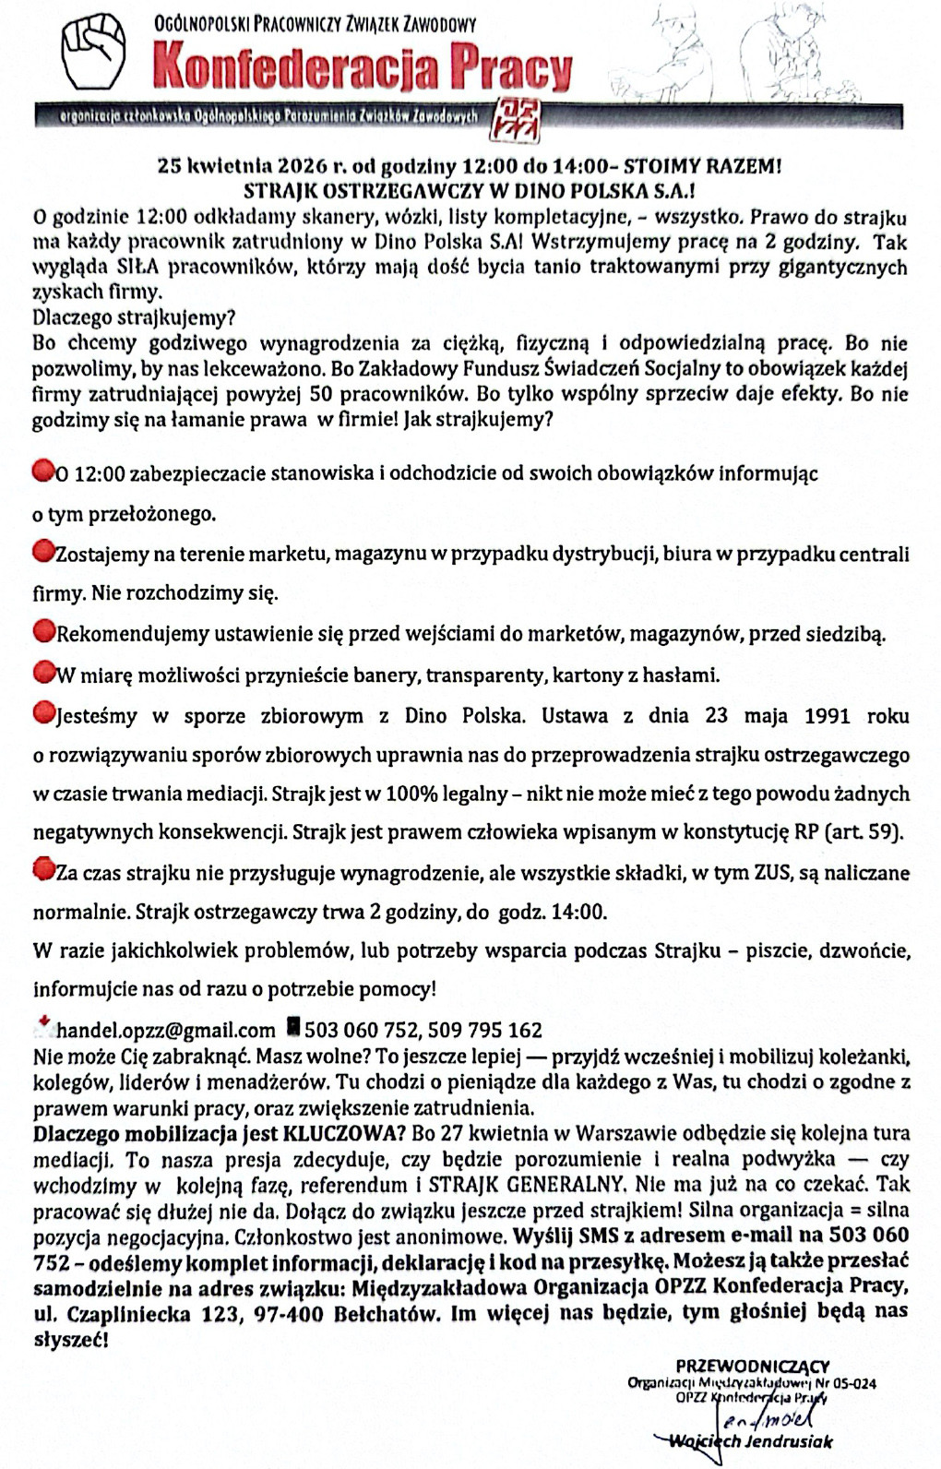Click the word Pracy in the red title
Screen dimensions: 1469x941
tap(510, 68)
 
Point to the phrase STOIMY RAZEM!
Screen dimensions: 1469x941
tap(703, 167)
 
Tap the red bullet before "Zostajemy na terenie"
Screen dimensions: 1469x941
tap(42, 553)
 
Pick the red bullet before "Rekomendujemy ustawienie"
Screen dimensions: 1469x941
tap(42, 632)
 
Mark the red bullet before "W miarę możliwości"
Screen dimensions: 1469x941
tap(42, 673)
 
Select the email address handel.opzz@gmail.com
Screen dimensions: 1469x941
tap(166, 1030)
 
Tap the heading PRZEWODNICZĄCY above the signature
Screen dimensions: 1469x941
tap(752, 1366)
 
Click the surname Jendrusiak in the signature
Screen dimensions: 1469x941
tap(789, 1440)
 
